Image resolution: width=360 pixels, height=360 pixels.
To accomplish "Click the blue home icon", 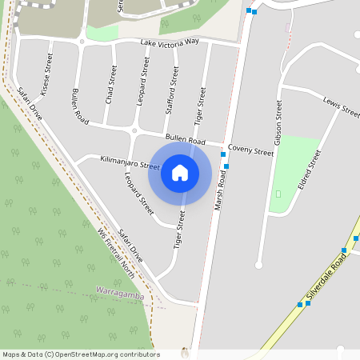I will tap(180, 173).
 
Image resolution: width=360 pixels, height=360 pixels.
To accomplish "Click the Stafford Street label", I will tap(170, 90).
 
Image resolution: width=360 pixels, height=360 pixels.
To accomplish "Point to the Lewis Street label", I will tap(342, 107).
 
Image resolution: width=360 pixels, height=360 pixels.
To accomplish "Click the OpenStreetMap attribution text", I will tap(81, 354).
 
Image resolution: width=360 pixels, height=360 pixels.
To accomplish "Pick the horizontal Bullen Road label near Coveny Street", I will tap(186, 139).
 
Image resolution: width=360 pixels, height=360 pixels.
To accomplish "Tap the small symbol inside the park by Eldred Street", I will tap(278, 193).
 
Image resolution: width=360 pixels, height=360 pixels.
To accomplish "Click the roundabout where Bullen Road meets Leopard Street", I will tap(134, 130).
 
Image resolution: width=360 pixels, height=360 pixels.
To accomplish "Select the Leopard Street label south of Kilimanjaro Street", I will tap(138, 192).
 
